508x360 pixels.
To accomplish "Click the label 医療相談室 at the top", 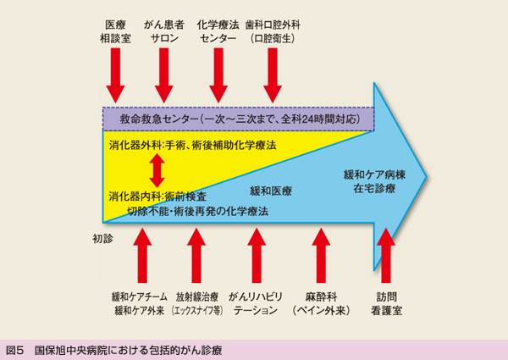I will [x=114, y=32].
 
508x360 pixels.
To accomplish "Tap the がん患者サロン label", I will [x=165, y=32].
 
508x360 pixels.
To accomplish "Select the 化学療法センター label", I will [x=218, y=32].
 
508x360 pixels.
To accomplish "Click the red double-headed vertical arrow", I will [x=155, y=170].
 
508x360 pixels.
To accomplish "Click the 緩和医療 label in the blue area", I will [x=271, y=191].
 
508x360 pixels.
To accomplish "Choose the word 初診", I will [x=102, y=240].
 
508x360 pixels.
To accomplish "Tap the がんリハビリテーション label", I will [x=254, y=304].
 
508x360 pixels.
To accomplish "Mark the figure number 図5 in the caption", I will [x=14, y=349].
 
